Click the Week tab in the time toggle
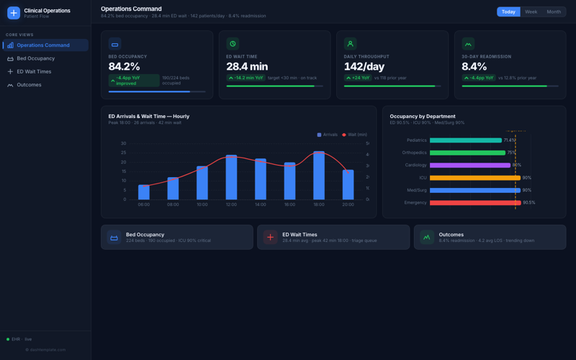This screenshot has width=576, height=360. [531, 12]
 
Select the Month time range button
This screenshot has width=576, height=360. [553, 12]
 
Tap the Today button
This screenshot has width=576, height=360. [508, 12]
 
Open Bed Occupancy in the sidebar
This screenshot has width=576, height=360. [35, 58]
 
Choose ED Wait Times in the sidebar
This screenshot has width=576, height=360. [34, 71]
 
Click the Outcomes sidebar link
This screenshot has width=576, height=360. [29, 85]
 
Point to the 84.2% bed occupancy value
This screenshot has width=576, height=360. [125, 67]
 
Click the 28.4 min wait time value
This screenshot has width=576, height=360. [247, 67]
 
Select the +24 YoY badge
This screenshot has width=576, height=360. [358, 78]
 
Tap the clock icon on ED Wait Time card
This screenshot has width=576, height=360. [233, 44]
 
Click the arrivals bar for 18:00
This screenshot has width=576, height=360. [319, 176]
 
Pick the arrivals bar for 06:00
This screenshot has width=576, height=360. [144, 192]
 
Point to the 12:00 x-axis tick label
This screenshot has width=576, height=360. [231, 204]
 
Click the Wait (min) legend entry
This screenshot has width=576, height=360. [354, 135]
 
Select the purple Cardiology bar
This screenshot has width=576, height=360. [470, 165]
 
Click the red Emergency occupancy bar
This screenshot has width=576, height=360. [475, 203]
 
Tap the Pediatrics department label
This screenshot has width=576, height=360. [416, 140]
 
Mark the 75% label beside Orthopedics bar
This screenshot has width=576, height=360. [511, 153]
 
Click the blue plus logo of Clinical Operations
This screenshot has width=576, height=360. [13, 13]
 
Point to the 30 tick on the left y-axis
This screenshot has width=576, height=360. [123, 143]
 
